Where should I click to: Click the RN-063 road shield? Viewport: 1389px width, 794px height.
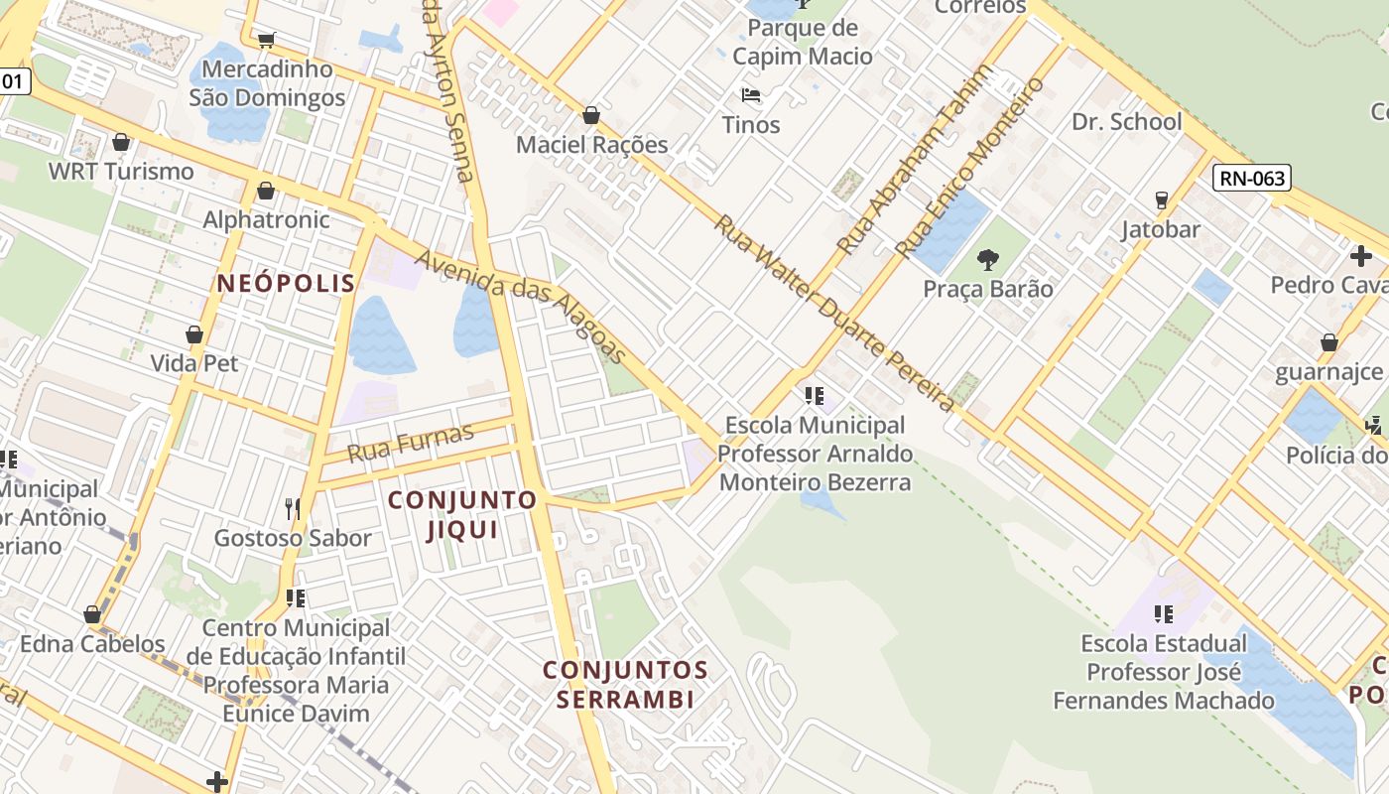tap(1252, 179)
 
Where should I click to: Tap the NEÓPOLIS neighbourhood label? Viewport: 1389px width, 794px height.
tap(286, 284)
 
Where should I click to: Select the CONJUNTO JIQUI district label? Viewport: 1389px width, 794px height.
tap(462, 514)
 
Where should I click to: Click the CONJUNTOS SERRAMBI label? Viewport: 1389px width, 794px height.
tap(625, 685)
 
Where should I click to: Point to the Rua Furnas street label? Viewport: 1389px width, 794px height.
tap(411, 442)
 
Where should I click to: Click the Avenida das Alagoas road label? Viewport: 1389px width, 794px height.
tap(522, 306)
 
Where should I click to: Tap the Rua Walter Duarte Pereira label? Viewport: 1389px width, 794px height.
tap(833, 313)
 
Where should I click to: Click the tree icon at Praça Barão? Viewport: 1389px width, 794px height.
tap(987, 260)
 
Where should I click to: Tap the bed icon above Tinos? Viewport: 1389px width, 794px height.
tap(751, 96)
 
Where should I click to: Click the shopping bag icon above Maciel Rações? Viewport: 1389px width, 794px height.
tap(591, 115)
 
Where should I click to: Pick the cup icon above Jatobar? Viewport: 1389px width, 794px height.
tap(1161, 199)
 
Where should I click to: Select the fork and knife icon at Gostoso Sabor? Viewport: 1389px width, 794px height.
tap(293, 509)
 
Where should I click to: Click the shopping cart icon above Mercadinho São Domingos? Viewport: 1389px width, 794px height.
tap(266, 40)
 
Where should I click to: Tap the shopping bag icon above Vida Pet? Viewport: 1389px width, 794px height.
tap(194, 334)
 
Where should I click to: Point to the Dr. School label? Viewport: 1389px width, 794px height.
tap(1127, 122)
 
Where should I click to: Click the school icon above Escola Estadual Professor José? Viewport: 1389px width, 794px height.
tap(1164, 614)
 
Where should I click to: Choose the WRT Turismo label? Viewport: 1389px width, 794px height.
tap(121, 172)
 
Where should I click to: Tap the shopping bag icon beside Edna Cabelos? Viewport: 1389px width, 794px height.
tap(92, 615)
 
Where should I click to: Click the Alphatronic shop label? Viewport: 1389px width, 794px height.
tap(266, 219)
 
